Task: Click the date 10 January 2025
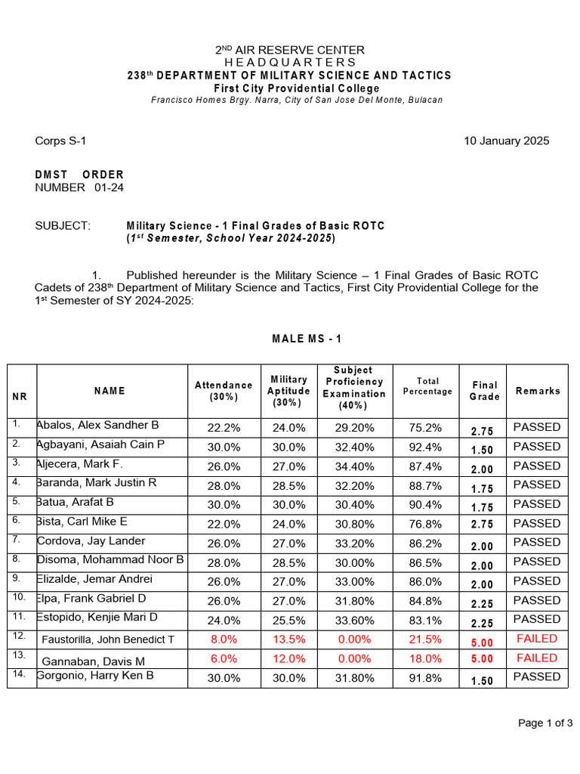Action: coord(506,141)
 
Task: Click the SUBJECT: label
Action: coord(63,226)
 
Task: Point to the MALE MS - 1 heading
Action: coord(307,339)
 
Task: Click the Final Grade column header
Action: coord(485,391)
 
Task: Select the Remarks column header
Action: coord(538,391)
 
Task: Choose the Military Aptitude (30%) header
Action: coord(288,391)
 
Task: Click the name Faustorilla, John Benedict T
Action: coord(108,639)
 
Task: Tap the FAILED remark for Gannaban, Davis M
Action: coord(537,658)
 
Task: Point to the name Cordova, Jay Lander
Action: coord(91,541)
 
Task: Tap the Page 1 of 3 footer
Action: coord(545,723)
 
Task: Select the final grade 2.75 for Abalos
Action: coord(482,431)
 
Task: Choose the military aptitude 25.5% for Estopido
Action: coord(288,621)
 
